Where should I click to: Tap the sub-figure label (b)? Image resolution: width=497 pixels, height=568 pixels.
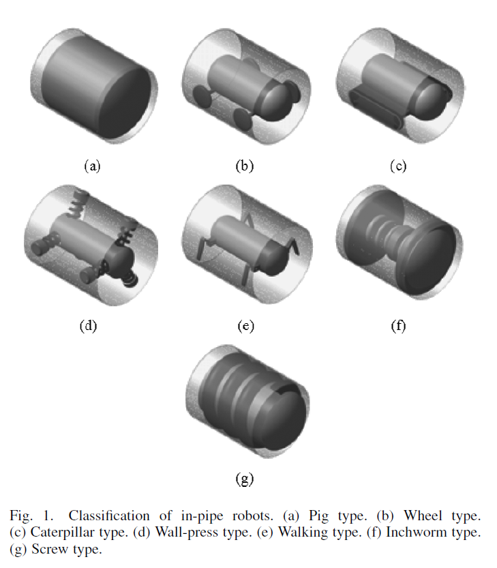coord(244,166)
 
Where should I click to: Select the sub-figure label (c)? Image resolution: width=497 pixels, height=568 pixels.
coord(397,166)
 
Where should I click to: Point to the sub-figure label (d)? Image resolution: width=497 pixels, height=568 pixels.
coord(89,325)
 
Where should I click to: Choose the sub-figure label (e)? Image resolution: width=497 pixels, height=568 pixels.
coord(244,325)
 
